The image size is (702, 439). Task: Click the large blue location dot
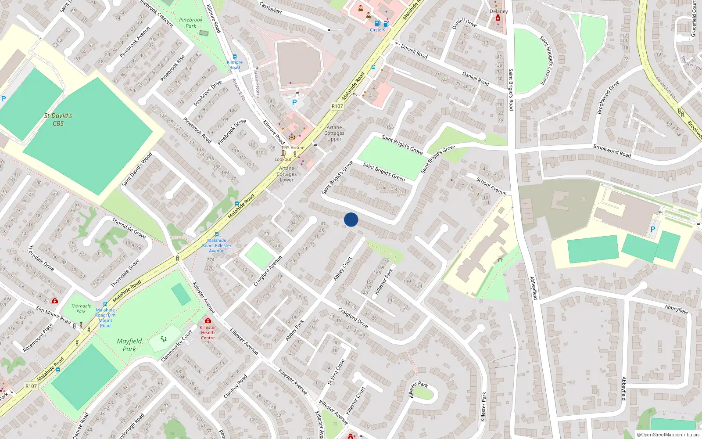point(351,219)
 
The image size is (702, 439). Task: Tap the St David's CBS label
point(58,119)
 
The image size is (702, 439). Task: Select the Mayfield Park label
point(129,345)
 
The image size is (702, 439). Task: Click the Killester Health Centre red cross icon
point(208,320)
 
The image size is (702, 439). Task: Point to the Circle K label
point(377,30)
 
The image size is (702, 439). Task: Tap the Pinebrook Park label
point(191,23)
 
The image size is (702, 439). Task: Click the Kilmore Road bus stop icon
point(235,57)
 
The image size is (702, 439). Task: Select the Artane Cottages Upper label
point(334,133)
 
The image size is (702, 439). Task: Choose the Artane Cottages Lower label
point(287,174)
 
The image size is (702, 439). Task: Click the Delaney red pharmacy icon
point(498,18)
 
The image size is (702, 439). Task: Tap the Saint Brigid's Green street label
point(384,171)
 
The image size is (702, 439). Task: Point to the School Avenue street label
point(491,186)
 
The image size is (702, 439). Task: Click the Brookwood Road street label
point(612,151)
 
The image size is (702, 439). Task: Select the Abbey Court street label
point(343,269)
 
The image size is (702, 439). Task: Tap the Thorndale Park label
point(81,309)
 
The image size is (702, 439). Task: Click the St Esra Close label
point(337,372)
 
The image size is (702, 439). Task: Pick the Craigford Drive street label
point(353,318)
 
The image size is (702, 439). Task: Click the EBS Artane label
point(293,148)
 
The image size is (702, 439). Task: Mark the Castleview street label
point(271,7)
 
